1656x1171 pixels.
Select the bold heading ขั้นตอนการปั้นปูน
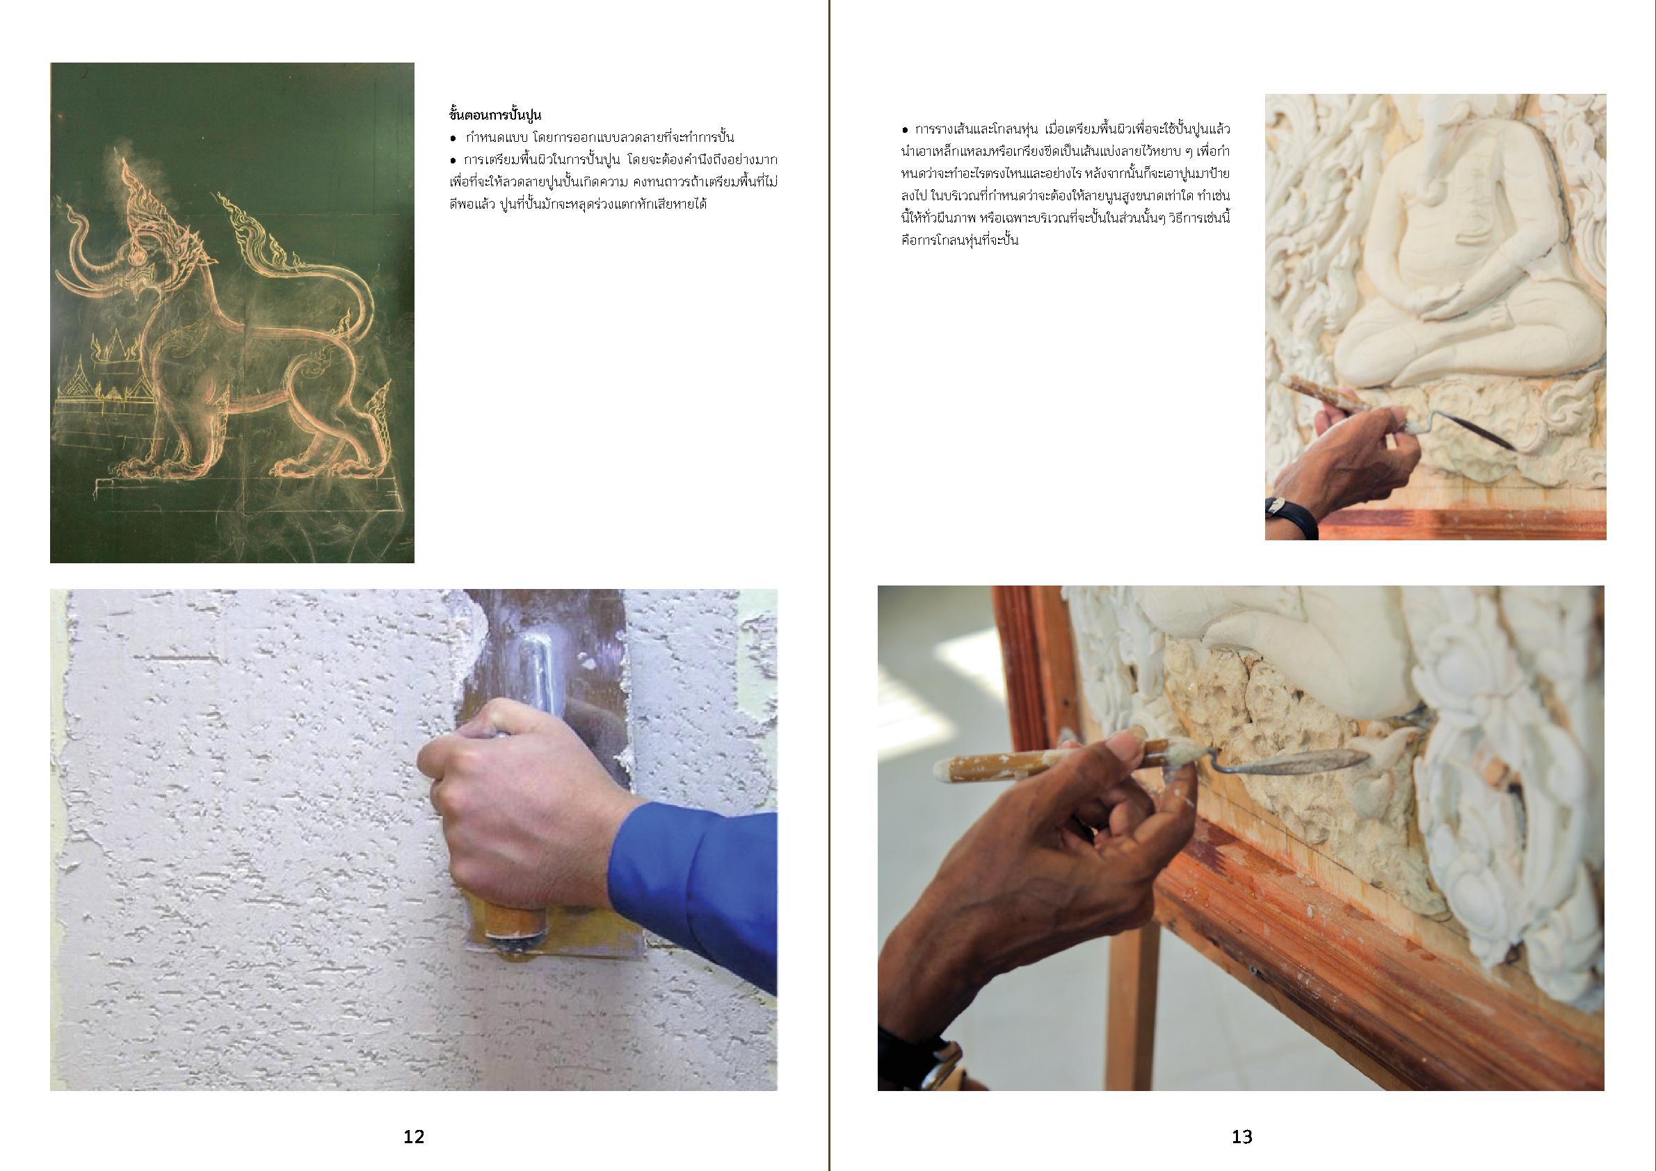coord(495,115)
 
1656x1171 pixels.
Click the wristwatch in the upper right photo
coord(1291,516)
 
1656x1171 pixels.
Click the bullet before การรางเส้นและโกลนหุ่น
coord(905,131)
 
